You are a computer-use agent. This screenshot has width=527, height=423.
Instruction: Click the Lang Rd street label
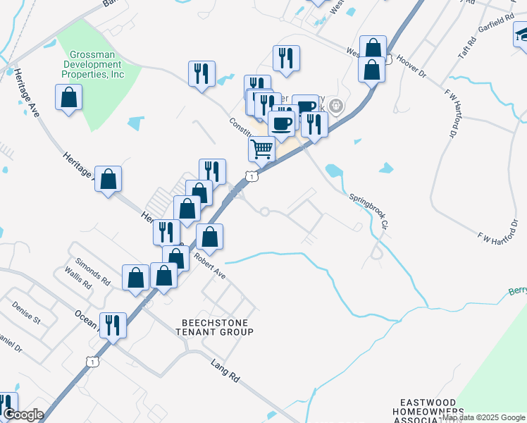pos(225,371)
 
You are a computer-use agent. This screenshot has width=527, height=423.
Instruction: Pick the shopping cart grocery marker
pos(261,149)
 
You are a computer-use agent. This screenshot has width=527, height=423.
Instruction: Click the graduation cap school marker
pos(521,35)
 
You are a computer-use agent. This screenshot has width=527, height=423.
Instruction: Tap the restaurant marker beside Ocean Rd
pos(113,325)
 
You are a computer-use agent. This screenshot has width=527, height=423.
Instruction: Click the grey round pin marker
pos(337,107)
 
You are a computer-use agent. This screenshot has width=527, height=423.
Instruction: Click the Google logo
pos(23,415)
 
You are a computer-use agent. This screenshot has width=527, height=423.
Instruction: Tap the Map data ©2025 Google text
pos(483,417)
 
